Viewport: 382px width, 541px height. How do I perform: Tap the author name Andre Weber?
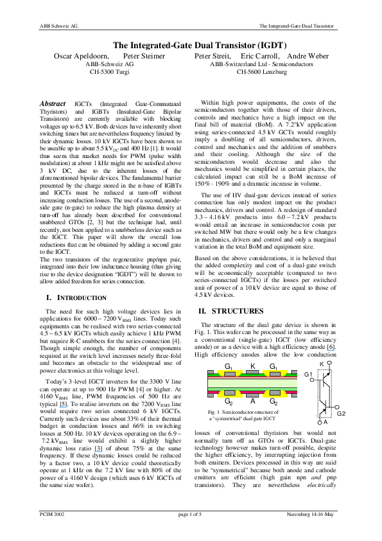pyautogui.click(x=308, y=57)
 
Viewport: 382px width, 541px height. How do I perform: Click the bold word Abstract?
pyautogui.click(x=53, y=103)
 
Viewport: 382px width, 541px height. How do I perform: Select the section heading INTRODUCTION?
pyautogui.click(x=81, y=298)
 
